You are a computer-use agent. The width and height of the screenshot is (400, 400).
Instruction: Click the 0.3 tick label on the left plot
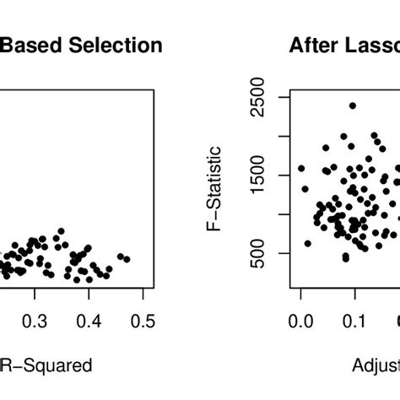35,322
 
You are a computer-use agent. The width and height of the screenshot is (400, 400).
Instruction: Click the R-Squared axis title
57,365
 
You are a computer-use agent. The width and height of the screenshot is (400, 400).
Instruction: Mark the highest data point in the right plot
352,105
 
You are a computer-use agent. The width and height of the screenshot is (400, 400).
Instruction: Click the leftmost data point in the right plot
301,169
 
